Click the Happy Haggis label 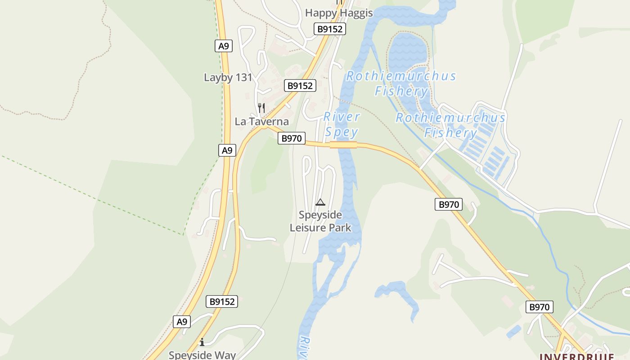coord(339,13)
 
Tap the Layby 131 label coord(228,77)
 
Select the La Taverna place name coord(261,121)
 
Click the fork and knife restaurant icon coord(261,108)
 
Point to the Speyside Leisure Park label coord(320,221)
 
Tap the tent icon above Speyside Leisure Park coord(320,202)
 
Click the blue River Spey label coord(342,124)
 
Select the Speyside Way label coord(202,355)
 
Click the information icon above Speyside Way coord(202,342)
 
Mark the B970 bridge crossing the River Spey coord(343,144)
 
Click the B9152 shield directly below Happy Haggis coord(329,29)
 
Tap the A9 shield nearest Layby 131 coord(224,46)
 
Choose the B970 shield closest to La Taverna coord(291,138)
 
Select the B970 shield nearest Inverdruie coord(539,307)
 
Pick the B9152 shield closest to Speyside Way coord(222,301)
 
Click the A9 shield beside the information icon coord(181,322)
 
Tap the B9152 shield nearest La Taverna coord(300,85)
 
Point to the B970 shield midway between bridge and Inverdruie coord(449,204)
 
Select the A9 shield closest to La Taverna coord(227,150)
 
